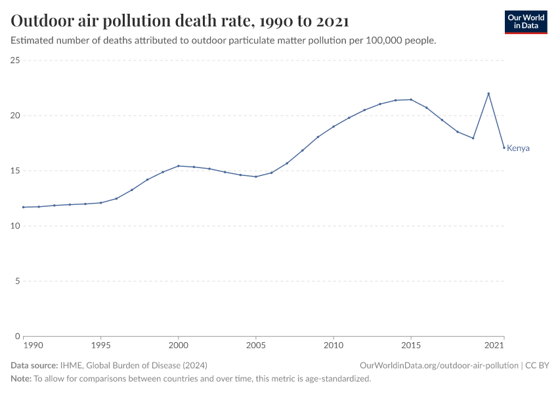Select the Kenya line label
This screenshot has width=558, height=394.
[518, 148]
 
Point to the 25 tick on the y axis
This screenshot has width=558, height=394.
[16, 60]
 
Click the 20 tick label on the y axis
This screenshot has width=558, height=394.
[16, 116]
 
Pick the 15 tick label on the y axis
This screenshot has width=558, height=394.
[16, 171]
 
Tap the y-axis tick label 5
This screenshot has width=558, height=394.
[18, 281]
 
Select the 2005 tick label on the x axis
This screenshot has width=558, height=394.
[255, 345]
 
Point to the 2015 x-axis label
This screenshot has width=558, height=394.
[411, 345]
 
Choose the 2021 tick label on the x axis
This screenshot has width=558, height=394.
[494, 345]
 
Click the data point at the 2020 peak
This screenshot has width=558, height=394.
[488, 93]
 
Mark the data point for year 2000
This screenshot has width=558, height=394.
[179, 165]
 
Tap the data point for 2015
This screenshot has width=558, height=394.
[411, 100]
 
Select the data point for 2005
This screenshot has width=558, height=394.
[256, 177]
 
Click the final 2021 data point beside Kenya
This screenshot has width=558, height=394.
[504, 148]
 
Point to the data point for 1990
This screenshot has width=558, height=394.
[24, 207]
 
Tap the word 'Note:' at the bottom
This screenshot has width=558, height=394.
[21, 379]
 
